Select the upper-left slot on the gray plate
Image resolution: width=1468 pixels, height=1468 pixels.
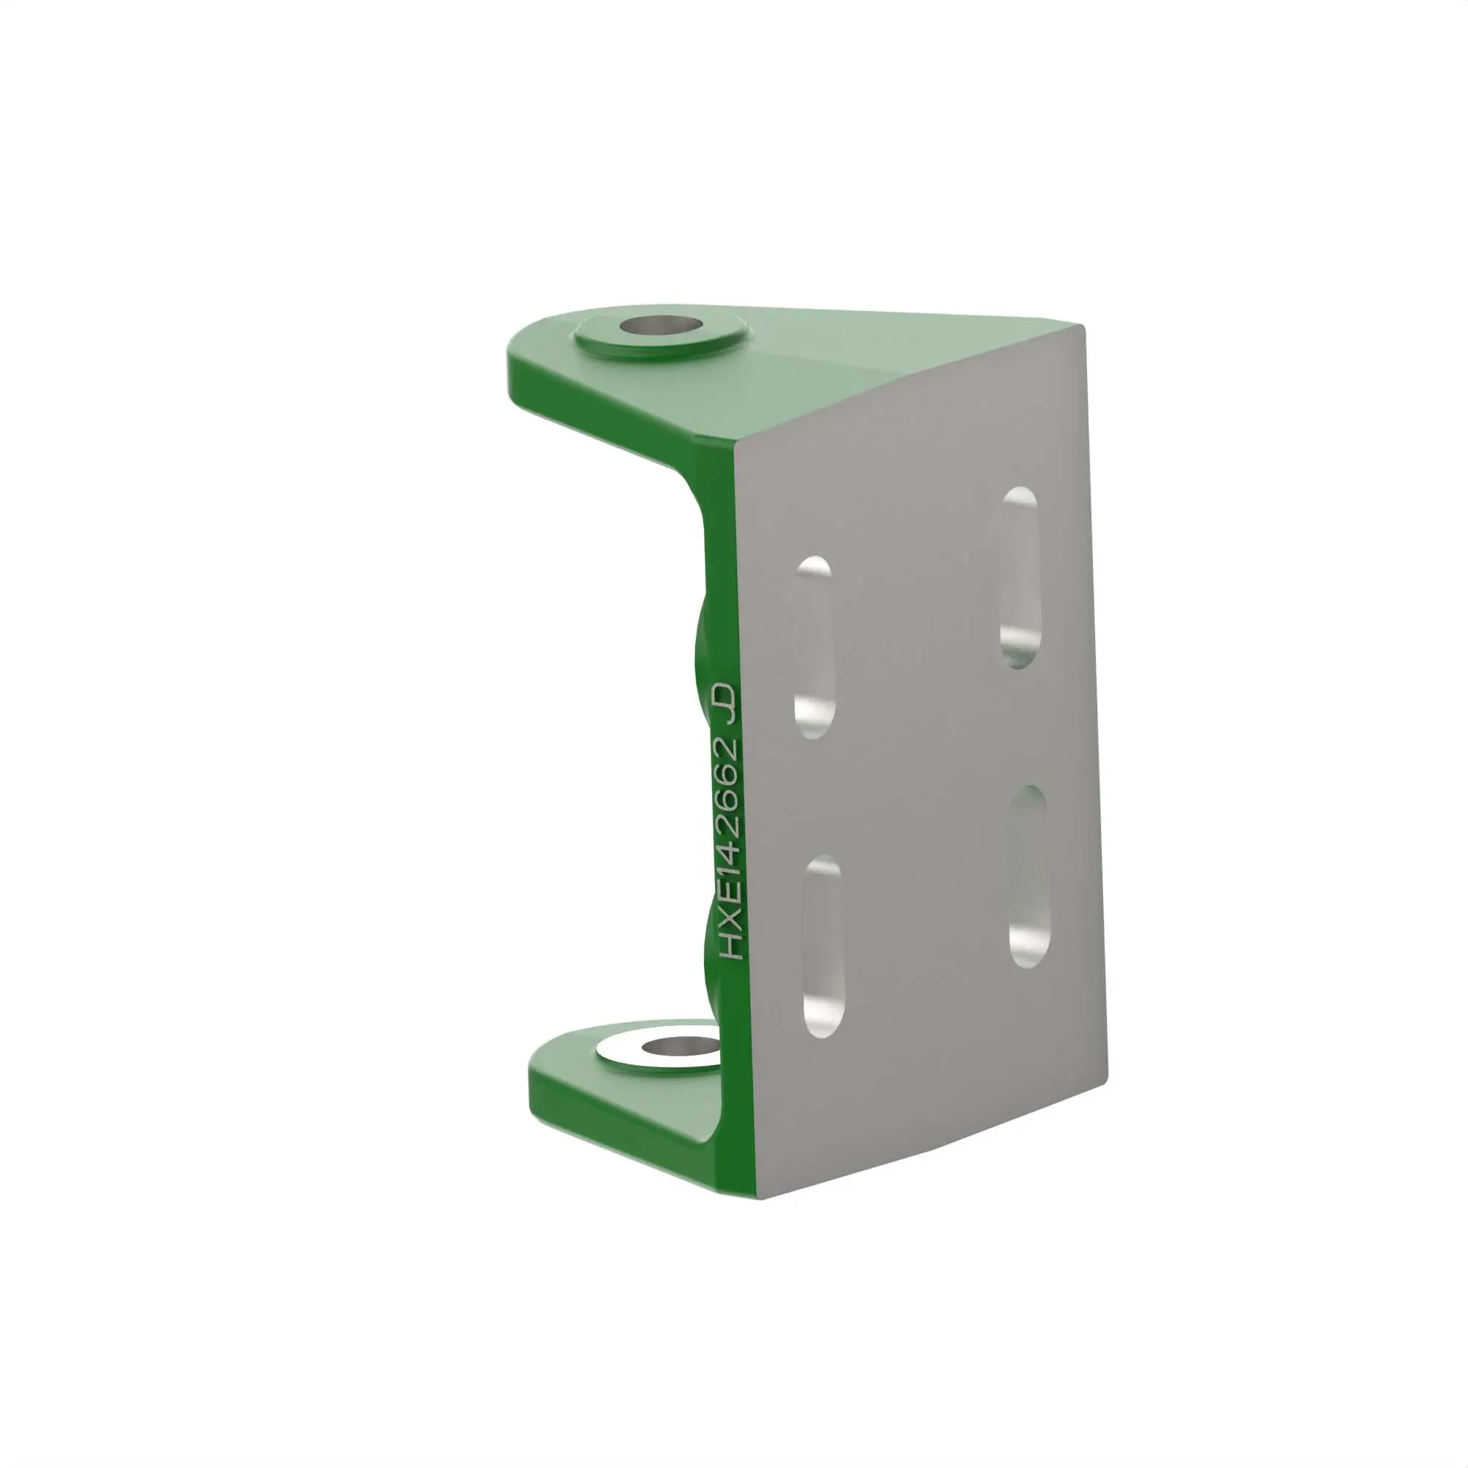[x=814, y=647]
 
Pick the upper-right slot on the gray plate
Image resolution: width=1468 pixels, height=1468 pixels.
[x=1020, y=578]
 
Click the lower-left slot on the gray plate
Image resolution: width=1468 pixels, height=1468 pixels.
[x=824, y=946]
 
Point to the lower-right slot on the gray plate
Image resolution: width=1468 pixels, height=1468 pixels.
[x=1029, y=876]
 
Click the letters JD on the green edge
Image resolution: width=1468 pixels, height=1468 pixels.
[x=725, y=704]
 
